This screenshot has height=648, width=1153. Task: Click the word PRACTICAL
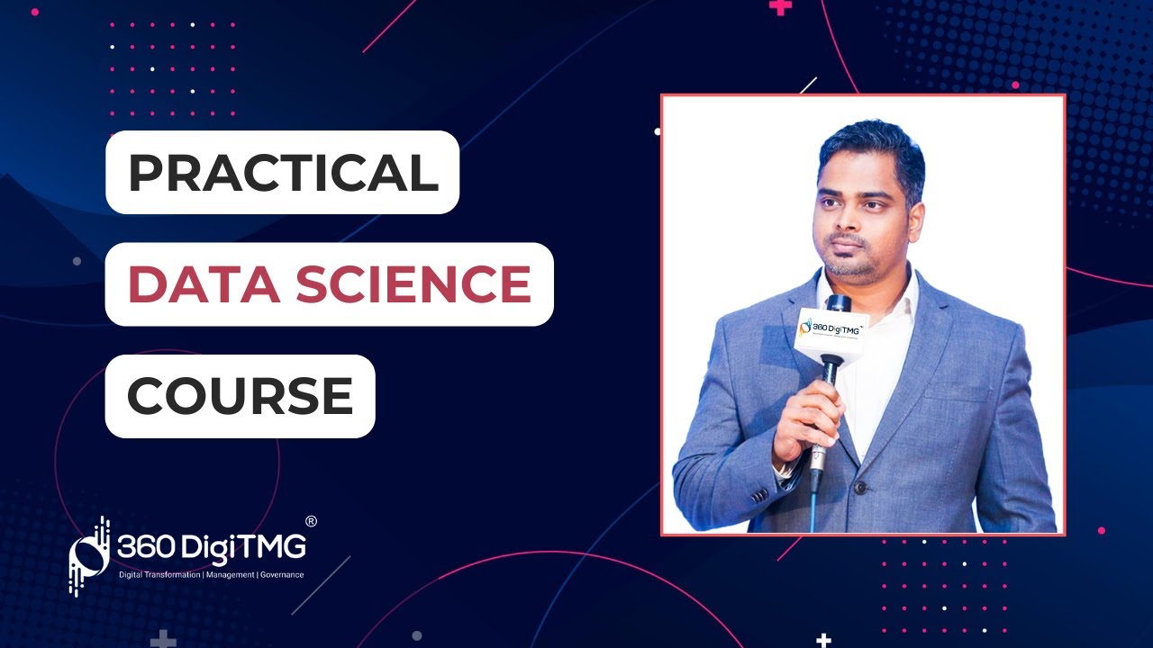(283, 172)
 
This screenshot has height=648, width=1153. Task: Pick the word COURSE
(240, 396)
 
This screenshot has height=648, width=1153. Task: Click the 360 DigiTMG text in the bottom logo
(212, 546)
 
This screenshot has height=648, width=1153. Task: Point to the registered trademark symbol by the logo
(311, 521)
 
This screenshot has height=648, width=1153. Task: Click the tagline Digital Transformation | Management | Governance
(212, 574)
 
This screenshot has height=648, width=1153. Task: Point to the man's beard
(852, 265)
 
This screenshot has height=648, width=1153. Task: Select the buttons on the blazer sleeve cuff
(761, 494)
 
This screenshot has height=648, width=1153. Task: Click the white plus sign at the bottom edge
(823, 641)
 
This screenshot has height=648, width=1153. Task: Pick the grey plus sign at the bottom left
(163, 641)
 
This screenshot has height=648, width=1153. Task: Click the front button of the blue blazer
(859, 487)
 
